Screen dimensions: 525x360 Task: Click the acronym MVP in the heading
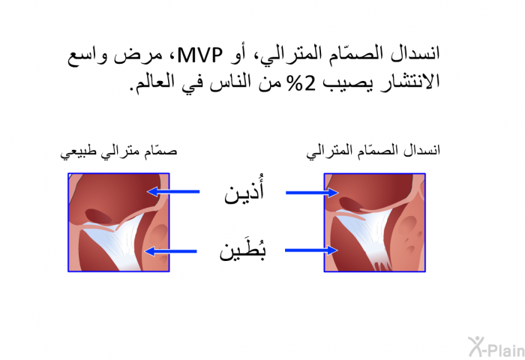tap(200, 55)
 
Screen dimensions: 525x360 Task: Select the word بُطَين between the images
tap(242, 249)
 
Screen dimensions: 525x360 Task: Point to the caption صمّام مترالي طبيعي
tap(118, 151)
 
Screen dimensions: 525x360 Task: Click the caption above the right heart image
tap(373, 151)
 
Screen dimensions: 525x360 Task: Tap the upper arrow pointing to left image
tap(173, 192)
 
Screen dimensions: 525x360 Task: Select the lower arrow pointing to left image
tap(170, 251)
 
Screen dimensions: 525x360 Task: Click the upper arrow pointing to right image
tap(312, 193)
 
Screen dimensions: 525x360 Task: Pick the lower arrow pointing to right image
tap(311, 250)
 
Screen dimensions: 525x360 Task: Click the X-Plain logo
tap(496, 347)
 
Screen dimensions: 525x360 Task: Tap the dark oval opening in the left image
tap(98, 216)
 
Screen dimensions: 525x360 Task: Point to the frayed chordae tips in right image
tap(382, 265)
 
